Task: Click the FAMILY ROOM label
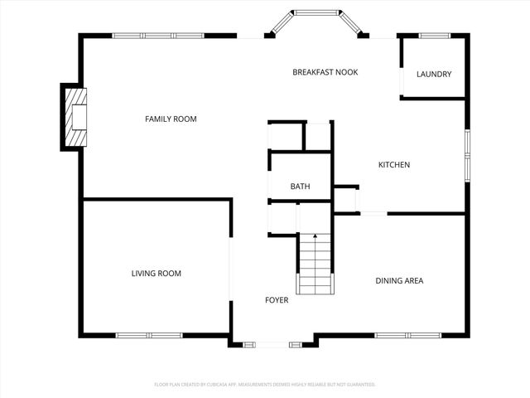pyautogui.click(x=171, y=119)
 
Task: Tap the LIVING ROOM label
pyautogui.click(x=156, y=274)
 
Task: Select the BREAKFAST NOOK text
pyautogui.click(x=325, y=72)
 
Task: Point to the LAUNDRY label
pyautogui.click(x=434, y=75)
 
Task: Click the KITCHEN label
pyautogui.click(x=394, y=165)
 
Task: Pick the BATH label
pyautogui.click(x=300, y=187)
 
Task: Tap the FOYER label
pyautogui.click(x=277, y=300)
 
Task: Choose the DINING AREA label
pyautogui.click(x=399, y=281)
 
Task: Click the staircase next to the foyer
pyautogui.click(x=315, y=264)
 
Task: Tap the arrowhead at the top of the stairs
pyautogui.click(x=315, y=237)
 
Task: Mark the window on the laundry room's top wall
pyautogui.click(x=434, y=36)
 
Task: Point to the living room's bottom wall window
pyautogui.click(x=148, y=335)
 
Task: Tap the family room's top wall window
pyautogui.click(x=158, y=36)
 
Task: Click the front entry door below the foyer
pyautogui.click(x=272, y=344)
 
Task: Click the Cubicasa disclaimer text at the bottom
pyautogui.click(x=265, y=385)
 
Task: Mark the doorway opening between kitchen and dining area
pyautogui.click(x=373, y=213)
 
